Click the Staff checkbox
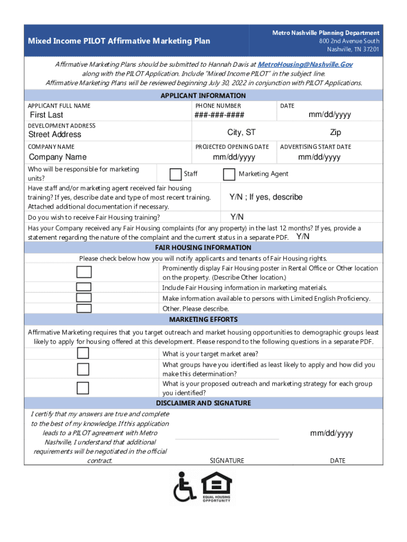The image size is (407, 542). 175,174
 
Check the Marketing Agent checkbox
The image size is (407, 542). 229,174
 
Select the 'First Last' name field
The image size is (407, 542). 46,115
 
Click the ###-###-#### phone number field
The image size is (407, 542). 219,115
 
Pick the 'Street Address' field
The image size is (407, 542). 55,134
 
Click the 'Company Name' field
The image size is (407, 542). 58,157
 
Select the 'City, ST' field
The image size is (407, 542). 241,132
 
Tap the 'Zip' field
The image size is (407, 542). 336,132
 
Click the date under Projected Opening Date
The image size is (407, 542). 234,157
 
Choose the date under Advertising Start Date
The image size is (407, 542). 319,157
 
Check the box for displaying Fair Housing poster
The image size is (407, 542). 84,272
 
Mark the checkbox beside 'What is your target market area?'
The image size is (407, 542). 83,354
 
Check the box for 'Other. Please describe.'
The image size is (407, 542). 84,309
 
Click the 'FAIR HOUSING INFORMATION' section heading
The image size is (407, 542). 203,247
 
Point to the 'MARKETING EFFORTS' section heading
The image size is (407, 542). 203,320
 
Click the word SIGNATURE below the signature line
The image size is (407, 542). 227,460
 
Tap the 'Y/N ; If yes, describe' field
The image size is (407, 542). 266,197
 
